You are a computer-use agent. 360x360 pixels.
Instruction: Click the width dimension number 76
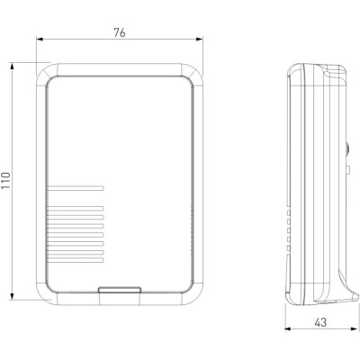pos(119,32)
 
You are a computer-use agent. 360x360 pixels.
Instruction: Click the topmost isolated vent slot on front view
pos(75,188)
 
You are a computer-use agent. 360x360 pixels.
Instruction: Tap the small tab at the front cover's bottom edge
pos(120,290)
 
